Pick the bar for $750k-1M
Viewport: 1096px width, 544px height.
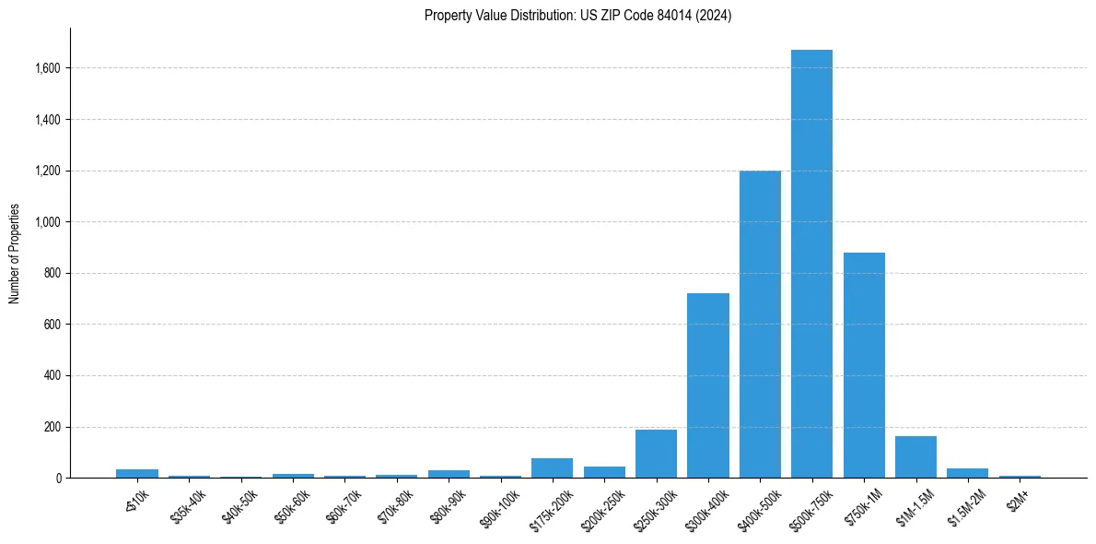864,365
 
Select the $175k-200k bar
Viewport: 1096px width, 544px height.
552,467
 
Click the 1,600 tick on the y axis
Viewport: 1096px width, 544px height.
48,68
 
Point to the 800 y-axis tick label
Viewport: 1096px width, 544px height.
52,274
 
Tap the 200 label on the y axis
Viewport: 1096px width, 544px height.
52,428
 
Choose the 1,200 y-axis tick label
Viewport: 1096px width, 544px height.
48,171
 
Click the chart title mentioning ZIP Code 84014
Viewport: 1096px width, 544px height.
577,16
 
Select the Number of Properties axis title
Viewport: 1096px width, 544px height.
14,254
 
